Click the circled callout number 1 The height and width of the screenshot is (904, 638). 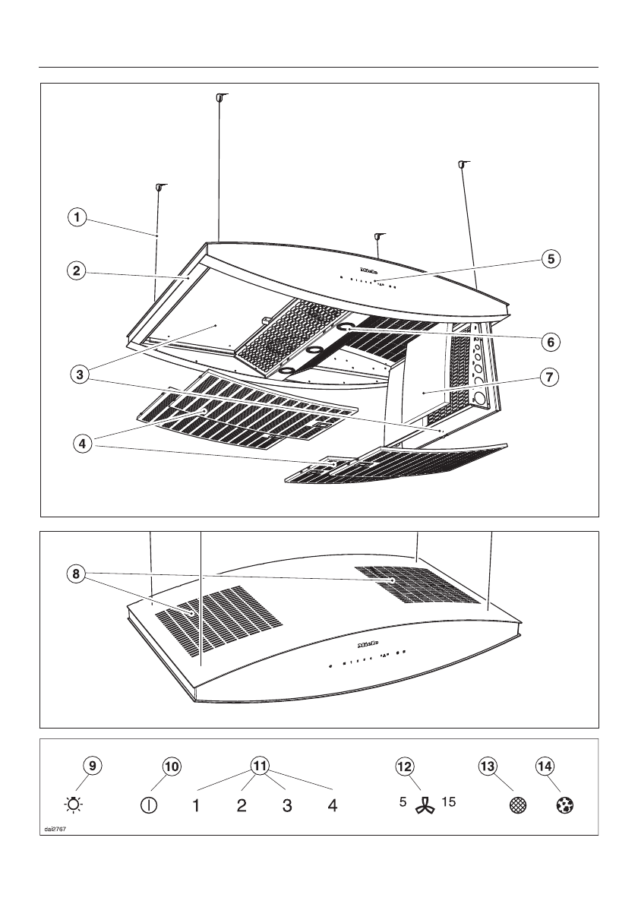point(75,218)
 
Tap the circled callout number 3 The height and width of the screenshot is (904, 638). point(75,374)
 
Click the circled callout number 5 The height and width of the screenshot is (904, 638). point(551,258)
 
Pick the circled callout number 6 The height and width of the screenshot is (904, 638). point(551,342)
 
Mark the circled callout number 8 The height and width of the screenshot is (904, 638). point(75,575)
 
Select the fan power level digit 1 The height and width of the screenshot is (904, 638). point(195,805)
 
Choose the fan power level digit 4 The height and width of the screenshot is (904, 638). point(332,805)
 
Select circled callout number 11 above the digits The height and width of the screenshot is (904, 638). point(261,767)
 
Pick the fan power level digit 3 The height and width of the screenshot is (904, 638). point(287,805)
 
